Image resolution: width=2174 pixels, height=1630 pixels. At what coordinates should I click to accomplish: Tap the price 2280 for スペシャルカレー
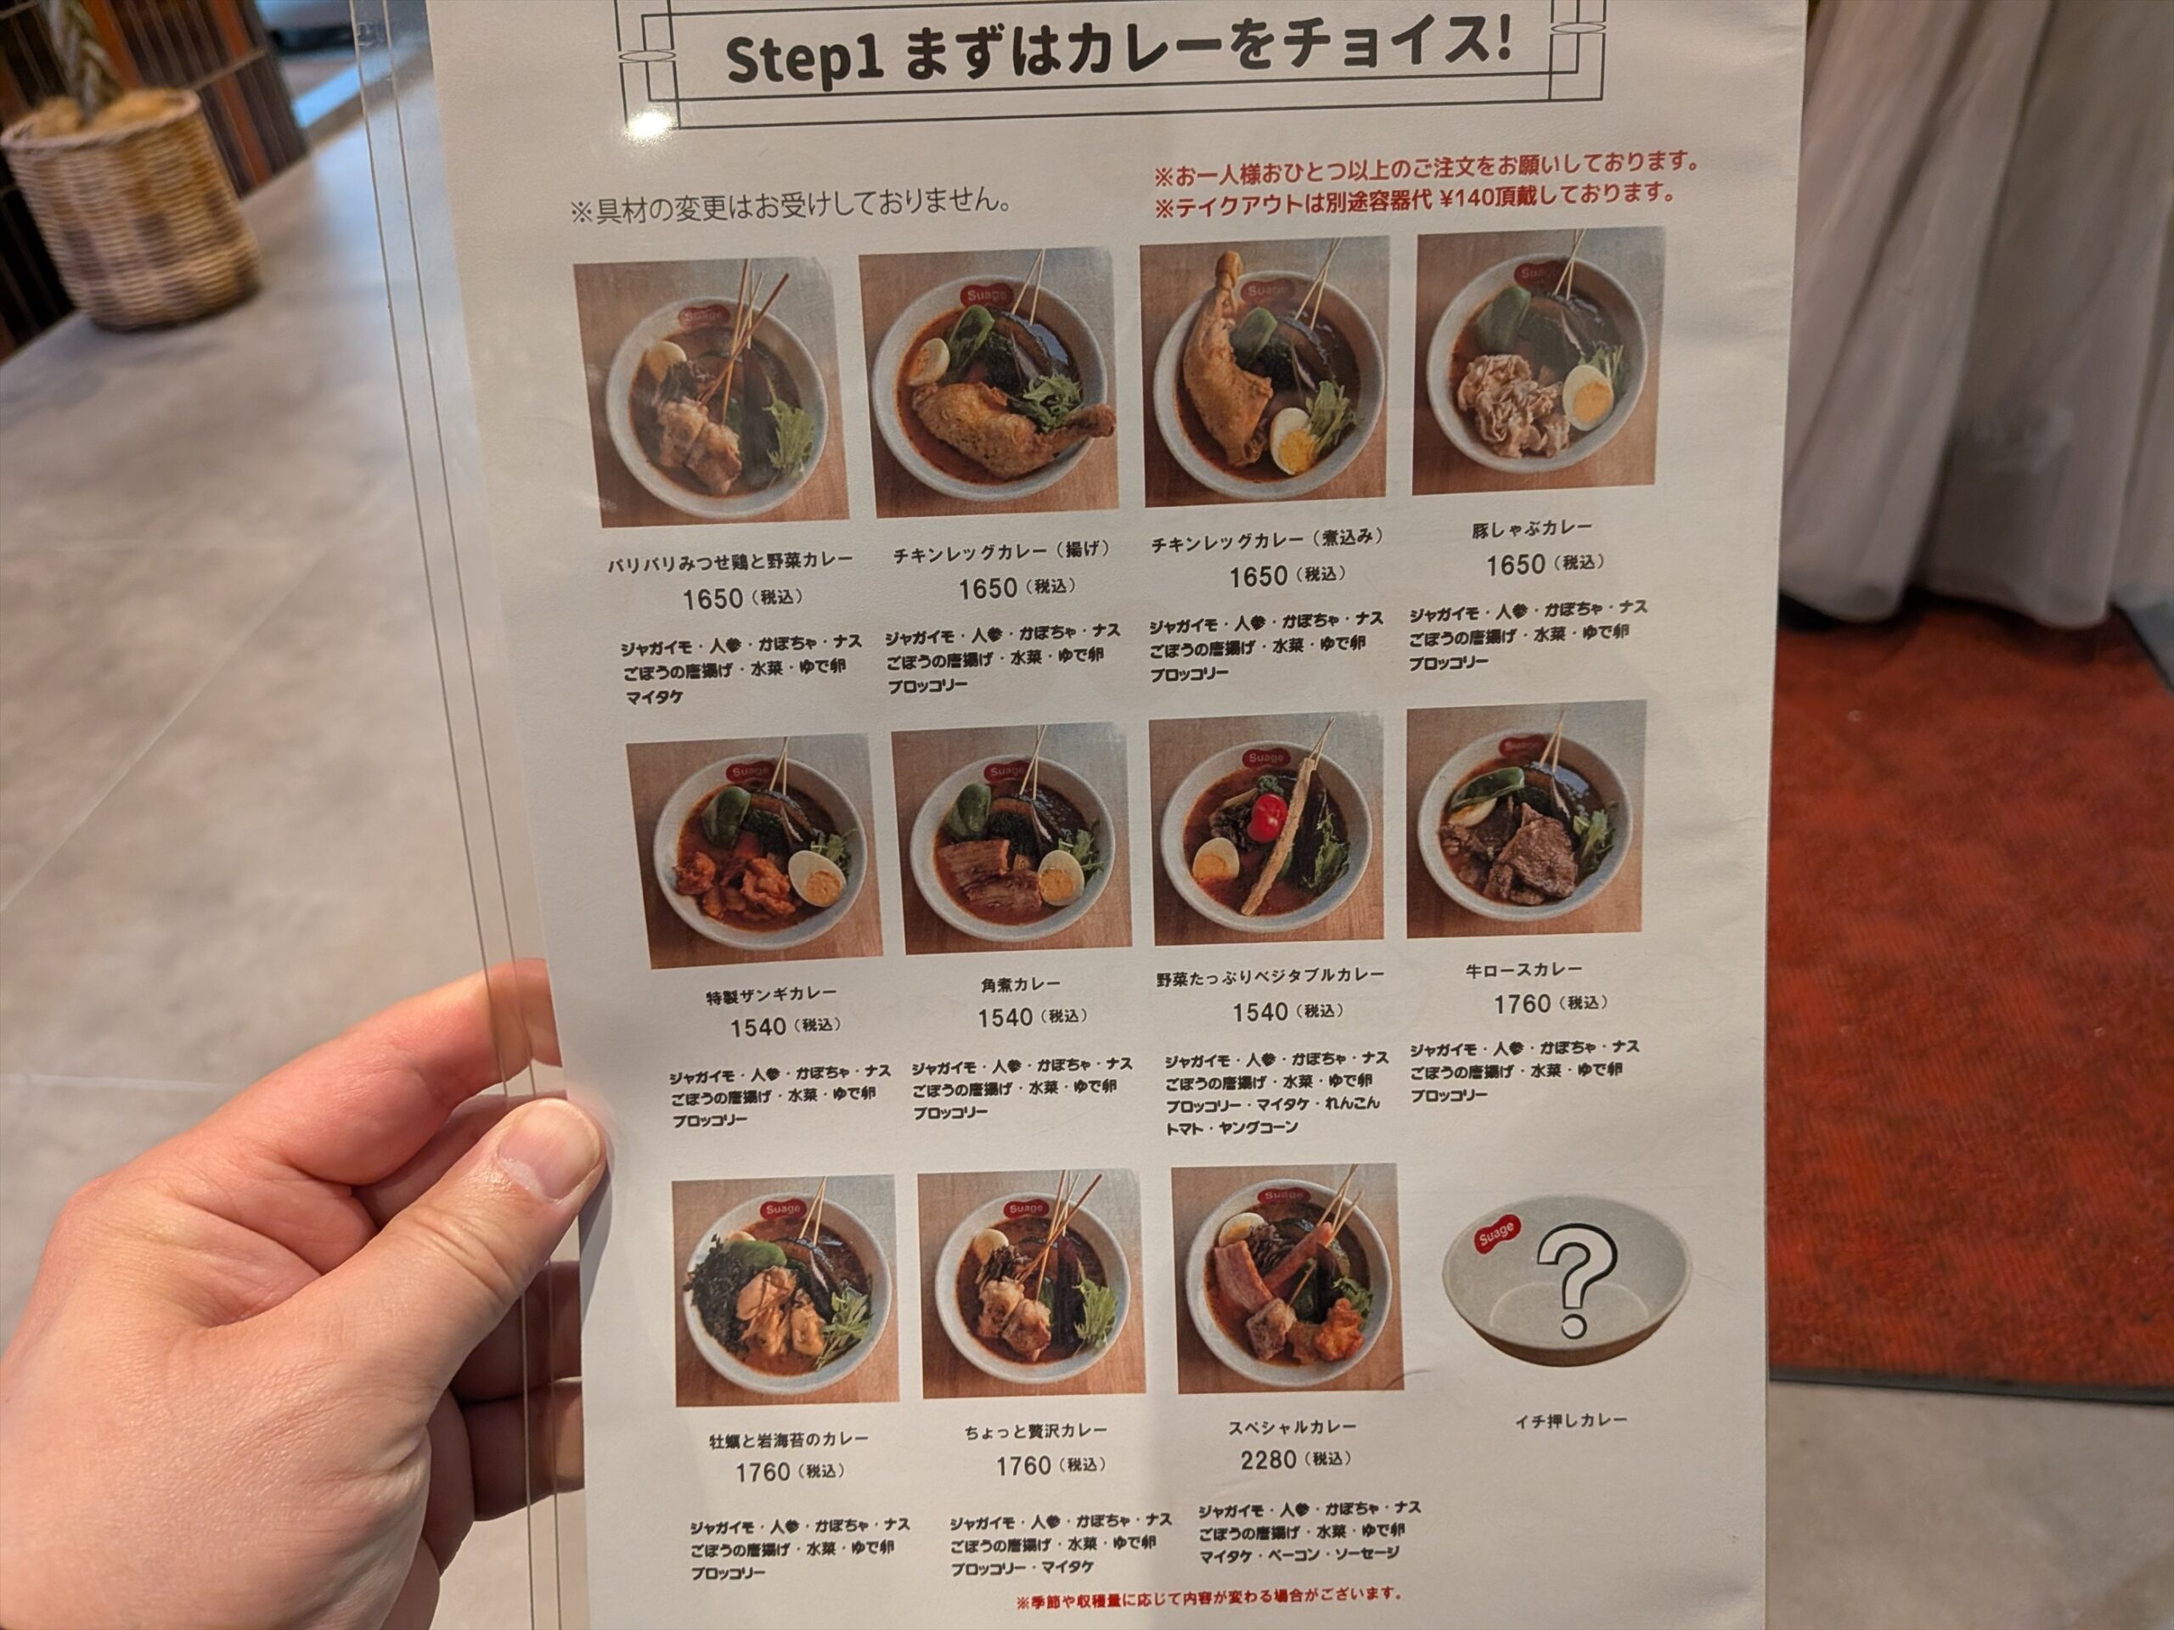click(1268, 1461)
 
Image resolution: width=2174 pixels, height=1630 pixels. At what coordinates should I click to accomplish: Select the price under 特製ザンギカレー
click(758, 1026)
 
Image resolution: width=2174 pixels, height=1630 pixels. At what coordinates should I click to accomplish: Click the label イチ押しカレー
click(1569, 1419)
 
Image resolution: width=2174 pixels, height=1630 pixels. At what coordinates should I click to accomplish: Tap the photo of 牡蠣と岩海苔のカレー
click(786, 1290)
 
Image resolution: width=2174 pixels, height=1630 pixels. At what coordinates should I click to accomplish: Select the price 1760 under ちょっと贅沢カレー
click(1023, 1466)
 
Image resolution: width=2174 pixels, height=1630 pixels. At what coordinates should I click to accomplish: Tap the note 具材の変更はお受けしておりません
click(791, 208)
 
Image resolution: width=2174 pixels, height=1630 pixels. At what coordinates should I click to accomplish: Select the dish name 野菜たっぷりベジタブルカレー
click(1270, 978)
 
